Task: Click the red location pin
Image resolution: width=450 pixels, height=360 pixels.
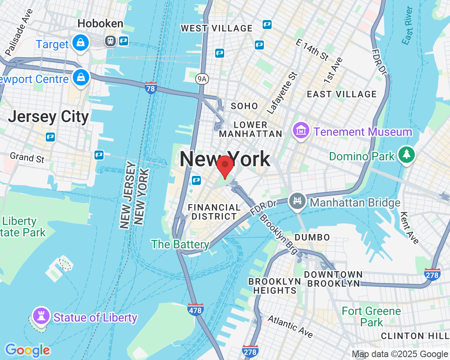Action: coord(225,166)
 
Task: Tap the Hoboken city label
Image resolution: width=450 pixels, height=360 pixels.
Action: coord(100,24)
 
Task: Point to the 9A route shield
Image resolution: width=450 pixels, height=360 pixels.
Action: coord(201,79)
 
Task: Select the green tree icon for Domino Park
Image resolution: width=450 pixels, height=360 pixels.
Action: coord(407,155)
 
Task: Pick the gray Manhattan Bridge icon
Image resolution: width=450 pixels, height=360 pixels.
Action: coord(297,201)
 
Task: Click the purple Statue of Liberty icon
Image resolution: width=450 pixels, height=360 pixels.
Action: coord(41,316)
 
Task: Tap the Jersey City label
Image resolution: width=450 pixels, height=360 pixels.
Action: coord(48,117)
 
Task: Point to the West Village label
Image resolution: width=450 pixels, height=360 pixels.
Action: coord(217,28)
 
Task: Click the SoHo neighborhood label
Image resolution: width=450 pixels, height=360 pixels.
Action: coord(244,106)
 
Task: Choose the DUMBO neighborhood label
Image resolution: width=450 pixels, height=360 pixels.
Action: coord(312,237)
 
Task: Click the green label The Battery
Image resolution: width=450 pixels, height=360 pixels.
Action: coord(180,245)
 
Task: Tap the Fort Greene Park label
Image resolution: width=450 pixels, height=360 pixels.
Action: coord(371,317)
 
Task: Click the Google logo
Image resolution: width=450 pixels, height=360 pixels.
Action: coord(27,350)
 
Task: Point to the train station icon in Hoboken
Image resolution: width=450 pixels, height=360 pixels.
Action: coord(110,40)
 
